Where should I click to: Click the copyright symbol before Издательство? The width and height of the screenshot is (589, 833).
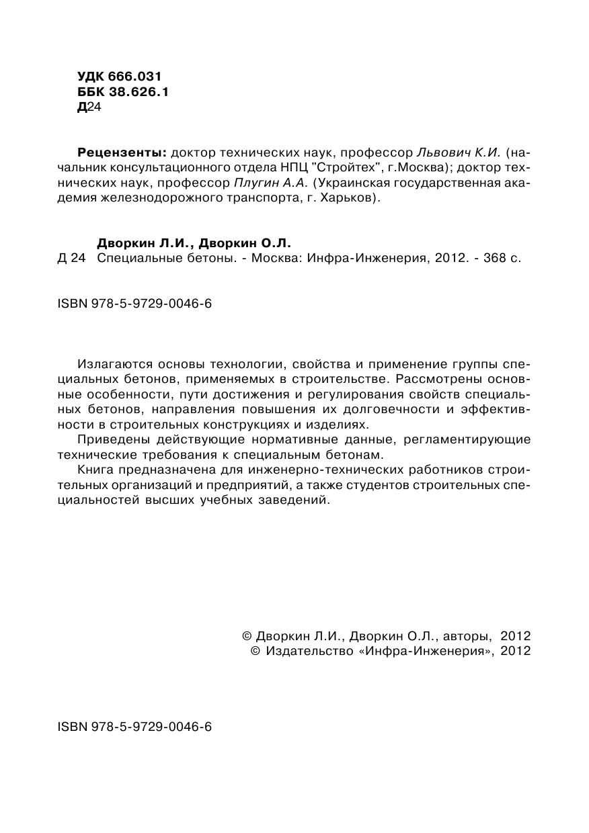(255, 651)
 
